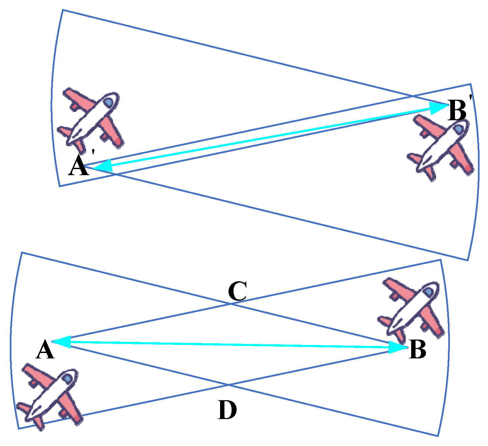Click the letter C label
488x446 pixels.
(x=238, y=292)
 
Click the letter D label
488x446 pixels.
(x=227, y=410)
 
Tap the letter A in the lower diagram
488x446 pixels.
(x=45, y=350)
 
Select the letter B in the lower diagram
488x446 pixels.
(x=417, y=350)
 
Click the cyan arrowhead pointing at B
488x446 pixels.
(x=398, y=347)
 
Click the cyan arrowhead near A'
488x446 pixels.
(x=103, y=165)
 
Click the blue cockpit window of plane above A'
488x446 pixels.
(x=109, y=102)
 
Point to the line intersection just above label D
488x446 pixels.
(x=228, y=385)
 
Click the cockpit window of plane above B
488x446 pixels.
(x=429, y=292)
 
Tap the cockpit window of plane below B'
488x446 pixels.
(x=458, y=129)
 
